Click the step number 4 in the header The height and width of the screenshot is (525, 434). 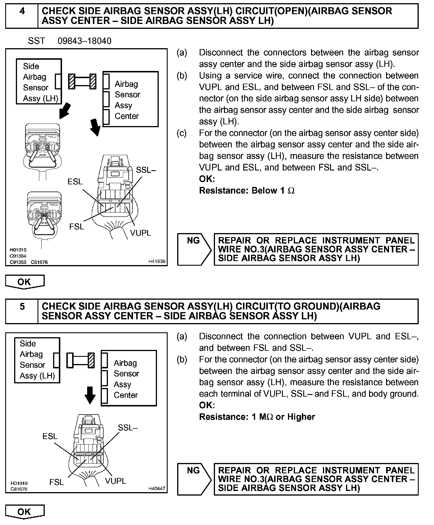(x=22, y=11)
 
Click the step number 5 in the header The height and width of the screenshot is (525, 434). (x=22, y=306)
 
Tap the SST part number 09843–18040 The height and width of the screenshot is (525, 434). (x=85, y=41)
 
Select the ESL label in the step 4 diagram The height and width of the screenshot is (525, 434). (x=75, y=181)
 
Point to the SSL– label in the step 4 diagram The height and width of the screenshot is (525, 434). (x=146, y=170)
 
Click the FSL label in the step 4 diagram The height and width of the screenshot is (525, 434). (x=77, y=227)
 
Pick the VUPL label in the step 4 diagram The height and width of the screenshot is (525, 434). (x=141, y=233)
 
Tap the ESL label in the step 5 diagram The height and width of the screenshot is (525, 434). (x=50, y=436)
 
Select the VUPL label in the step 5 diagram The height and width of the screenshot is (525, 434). (x=115, y=481)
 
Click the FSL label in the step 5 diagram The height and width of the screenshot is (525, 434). (x=57, y=482)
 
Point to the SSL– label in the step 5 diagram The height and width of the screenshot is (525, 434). (x=128, y=427)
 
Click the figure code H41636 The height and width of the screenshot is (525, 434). (x=157, y=261)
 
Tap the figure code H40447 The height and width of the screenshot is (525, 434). (x=157, y=488)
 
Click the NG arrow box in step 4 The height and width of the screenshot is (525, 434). (x=194, y=249)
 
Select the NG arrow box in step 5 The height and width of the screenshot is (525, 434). (x=194, y=479)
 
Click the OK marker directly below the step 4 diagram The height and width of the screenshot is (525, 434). (x=25, y=282)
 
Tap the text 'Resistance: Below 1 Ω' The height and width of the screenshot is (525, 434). (x=247, y=191)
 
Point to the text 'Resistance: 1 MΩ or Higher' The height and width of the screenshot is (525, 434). (x=257, y=417)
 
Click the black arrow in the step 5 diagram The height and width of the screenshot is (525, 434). (x=90, y=395)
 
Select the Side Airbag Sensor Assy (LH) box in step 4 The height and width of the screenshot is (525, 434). (x=39, y=82)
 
